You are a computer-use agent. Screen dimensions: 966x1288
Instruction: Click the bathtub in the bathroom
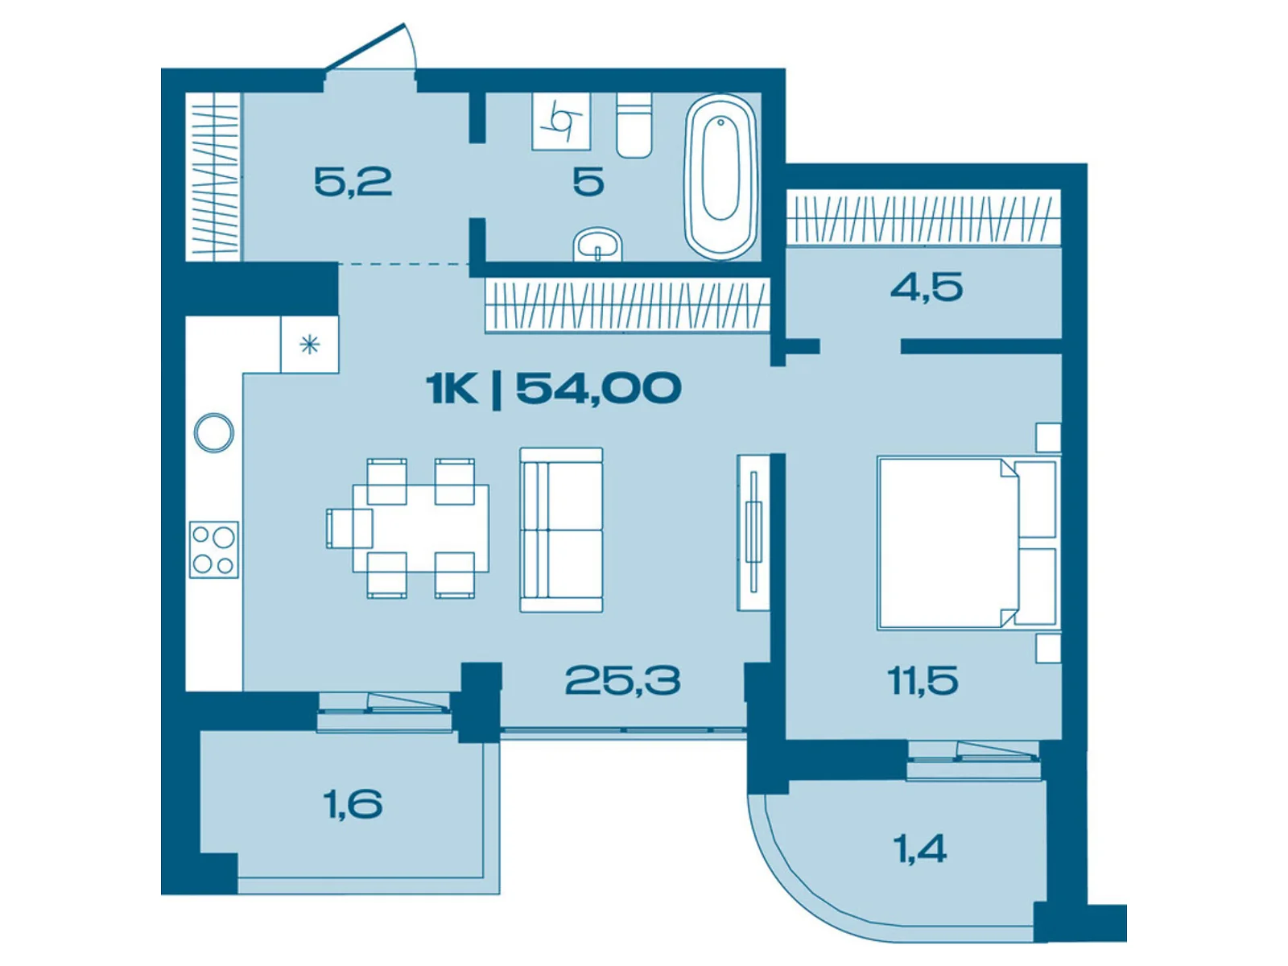(720, 177)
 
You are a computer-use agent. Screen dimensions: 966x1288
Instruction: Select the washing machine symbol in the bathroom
(561, 122)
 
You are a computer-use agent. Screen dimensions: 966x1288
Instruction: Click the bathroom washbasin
(597, 245)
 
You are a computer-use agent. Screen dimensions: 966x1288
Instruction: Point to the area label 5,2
(353, 182)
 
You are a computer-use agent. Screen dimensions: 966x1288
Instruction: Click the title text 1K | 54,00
(554, 389)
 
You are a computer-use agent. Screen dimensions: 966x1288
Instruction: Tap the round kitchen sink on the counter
(214, 432)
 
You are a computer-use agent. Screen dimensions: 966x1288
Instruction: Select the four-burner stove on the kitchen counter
(214, 549)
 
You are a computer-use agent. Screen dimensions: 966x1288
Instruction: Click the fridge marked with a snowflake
(309, 345)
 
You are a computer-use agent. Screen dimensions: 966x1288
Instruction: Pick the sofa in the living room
(561, 530)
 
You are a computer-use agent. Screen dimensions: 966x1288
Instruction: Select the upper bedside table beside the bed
(1047, 437)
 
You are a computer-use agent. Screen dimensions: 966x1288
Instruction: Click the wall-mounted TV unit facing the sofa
(753, 532)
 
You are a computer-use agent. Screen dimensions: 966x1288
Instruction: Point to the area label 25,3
(622, 681)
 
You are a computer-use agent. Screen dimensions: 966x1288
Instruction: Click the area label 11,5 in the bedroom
(923, 681)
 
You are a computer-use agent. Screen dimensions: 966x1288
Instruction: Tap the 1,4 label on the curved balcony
(919, 848)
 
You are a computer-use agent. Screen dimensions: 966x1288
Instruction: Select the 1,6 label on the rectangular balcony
(353, 803)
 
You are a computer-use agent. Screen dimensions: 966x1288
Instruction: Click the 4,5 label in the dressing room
(927, 287)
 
